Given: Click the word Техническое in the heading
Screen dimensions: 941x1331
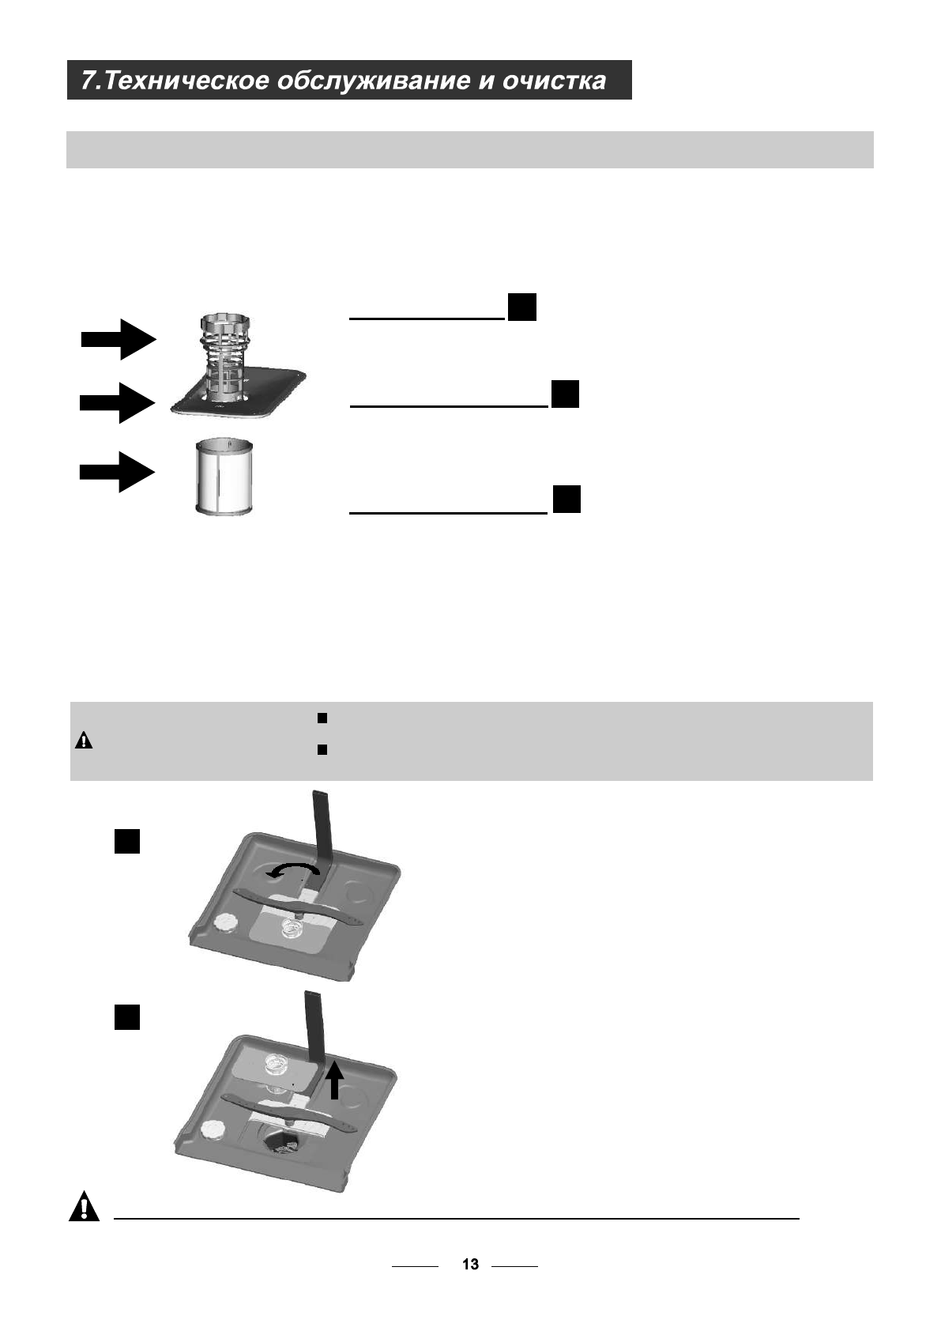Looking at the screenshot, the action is click(x=186, y=81).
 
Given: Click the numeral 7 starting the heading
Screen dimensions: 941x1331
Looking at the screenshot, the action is click(x=89, y=81).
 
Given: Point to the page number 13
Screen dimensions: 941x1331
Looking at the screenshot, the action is click(x=470, y=1265).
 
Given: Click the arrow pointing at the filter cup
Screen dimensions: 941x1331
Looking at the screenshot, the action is click(x=116, y=473).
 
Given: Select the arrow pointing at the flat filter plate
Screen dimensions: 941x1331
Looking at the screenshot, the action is click(x=116, y=403).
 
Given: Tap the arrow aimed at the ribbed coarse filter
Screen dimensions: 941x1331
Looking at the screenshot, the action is click(x=119, y=340).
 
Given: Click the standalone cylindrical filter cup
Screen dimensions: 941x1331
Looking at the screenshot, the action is click(x=224, y=477).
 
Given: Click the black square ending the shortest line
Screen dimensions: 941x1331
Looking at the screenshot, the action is click(x=521, y=307).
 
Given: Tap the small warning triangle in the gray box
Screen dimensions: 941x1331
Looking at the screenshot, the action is click(x=84, y=741).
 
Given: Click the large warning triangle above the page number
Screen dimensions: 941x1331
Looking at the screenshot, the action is click(x=85, y=1208).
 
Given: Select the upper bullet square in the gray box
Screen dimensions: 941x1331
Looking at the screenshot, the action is click(x=322, y=718).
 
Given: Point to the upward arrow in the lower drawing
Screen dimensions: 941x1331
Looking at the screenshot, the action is click(x=335, y=1080).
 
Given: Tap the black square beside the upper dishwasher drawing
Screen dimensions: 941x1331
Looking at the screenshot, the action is click(x=127, y=841).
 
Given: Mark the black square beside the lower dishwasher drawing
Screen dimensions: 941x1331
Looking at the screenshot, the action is click(x=127, y=1016).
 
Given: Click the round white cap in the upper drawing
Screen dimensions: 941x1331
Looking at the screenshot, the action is click(x=224, y=922).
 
